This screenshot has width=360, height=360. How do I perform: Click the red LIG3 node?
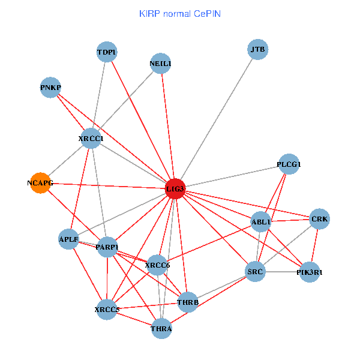click(175, 189)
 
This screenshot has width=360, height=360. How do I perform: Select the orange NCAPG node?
click(40, 183)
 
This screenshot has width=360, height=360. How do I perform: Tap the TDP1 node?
click(107, 52)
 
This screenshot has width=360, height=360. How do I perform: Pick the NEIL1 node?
click(160, 64)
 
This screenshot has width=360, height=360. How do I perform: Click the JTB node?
click(257, 49)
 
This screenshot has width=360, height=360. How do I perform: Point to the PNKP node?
click(50, 88)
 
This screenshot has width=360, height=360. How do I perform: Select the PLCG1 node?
click(289, 164)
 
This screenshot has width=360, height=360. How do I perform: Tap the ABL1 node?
click(261, 221)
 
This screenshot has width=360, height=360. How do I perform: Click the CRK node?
click(319, 219)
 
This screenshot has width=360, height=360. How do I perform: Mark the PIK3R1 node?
click(310, 272)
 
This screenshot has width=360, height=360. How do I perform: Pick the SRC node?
click(255, 272)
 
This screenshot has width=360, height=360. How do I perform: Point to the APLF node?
click(69, 239)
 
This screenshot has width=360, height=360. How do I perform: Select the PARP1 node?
click(107, 247)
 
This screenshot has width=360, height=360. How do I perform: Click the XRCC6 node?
click(158, 265)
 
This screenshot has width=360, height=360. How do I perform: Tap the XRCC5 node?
click(107, 310)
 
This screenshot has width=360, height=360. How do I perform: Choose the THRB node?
click(188, 302)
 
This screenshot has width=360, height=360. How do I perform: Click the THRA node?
click(161, 328)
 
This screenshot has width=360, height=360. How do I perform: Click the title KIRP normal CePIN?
click(179, 13)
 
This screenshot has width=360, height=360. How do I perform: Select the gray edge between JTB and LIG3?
click(216, 119)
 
